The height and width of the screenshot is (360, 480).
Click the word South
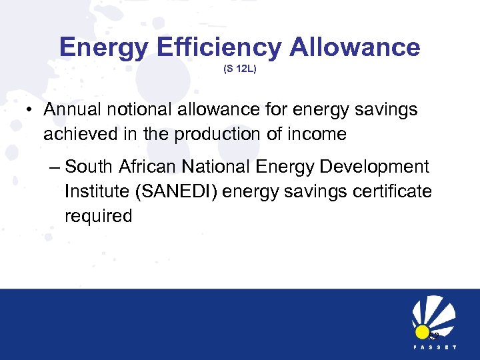(x=91, y=167)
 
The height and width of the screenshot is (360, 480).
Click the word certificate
(x=398, y=192)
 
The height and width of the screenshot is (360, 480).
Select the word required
(x=99, y=216)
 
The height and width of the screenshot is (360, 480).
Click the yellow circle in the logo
(x=421, y=332)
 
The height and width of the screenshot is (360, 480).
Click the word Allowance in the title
(x=355, y=47)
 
